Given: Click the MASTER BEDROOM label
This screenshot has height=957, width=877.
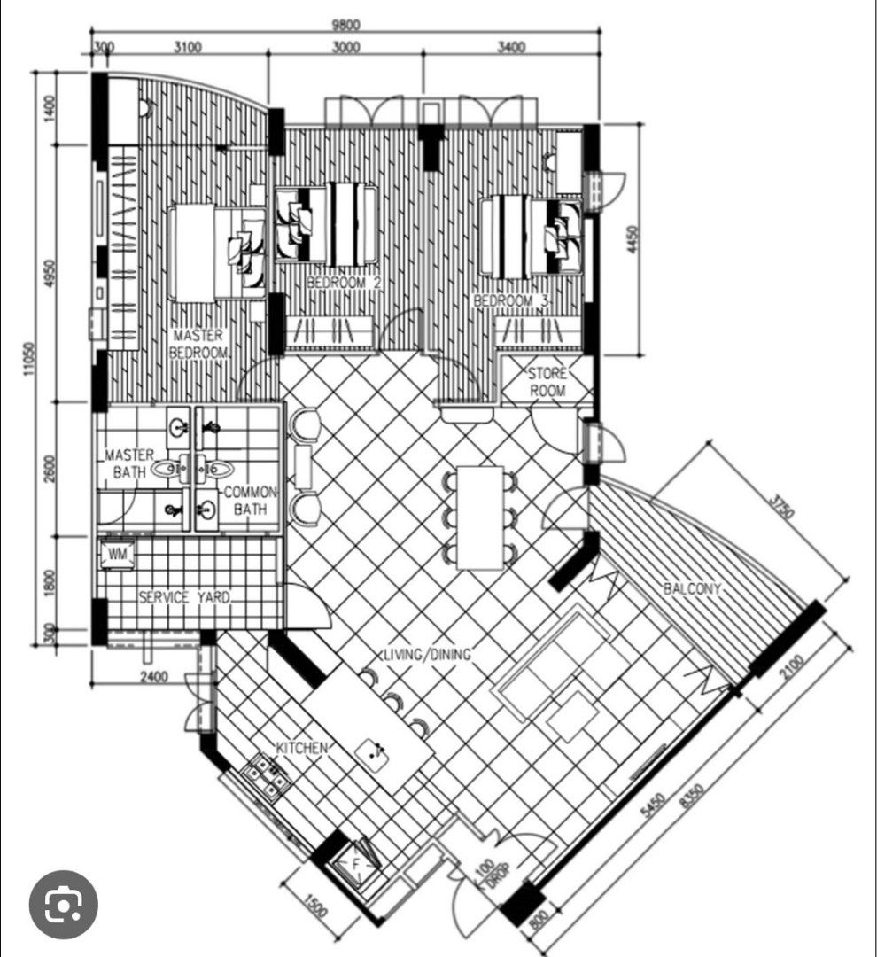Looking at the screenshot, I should coord(198,344).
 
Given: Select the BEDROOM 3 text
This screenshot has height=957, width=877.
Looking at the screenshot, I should coord(511,301).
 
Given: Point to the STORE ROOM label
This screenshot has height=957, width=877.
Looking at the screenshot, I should coord(547,382).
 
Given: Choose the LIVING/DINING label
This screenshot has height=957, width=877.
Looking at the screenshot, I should coord(426,655).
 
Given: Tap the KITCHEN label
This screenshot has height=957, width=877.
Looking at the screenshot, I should coord(302,748).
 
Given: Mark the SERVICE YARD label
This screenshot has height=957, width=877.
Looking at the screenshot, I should coord(184,598).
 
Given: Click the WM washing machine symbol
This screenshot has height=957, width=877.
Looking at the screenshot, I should coord(117,554).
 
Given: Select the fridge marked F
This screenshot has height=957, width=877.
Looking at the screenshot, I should coord(356,861).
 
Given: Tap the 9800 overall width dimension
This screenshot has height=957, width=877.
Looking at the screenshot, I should coord(345,24).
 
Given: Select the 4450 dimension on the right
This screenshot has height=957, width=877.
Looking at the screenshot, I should coord(631,238).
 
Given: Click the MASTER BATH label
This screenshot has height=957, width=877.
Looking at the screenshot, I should coord(130,463).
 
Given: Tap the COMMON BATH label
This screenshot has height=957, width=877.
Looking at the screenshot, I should coord(252,501).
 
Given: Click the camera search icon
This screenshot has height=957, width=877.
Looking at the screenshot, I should coord(63,905).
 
